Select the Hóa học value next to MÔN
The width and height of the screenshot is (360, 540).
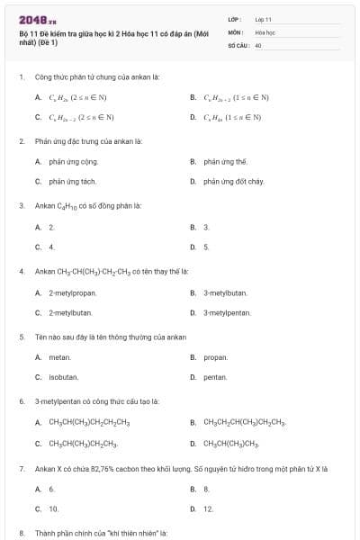point(265,31)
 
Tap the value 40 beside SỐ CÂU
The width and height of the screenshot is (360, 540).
point(258,44)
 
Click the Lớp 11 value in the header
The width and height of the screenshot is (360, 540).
point(263,19)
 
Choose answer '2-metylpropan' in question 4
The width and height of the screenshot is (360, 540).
point(72,292)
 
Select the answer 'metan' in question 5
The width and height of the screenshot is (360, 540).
point(59,357)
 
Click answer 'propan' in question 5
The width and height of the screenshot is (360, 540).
point(215,357)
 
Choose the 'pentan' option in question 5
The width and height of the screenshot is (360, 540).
point(215,377)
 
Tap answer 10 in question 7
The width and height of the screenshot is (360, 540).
point(52,508)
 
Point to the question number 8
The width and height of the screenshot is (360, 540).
point(21,533)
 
